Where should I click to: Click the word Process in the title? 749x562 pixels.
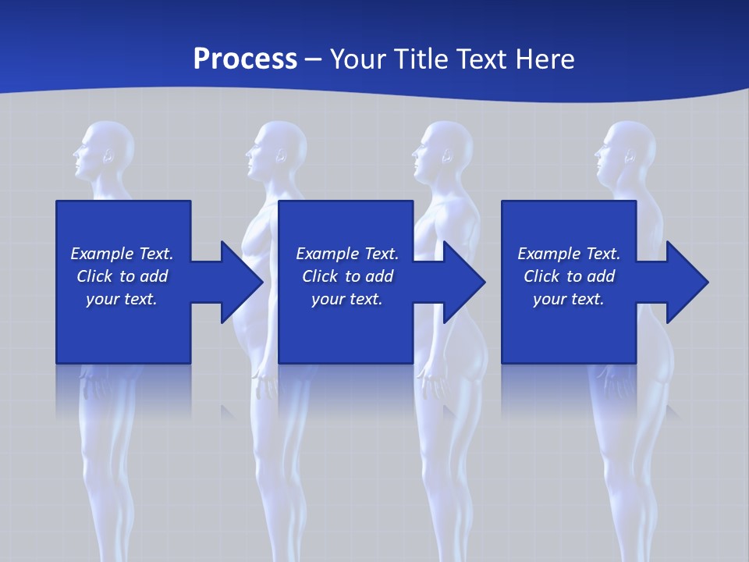(245, 59)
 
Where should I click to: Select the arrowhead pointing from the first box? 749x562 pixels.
(240, 282)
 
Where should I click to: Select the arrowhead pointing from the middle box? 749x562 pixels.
(463, 282)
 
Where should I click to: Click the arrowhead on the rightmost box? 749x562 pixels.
(686, 282)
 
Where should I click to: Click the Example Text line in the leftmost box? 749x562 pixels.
(122, 254)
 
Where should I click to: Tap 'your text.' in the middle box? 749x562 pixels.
(346, 299)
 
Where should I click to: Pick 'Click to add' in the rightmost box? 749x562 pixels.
(569, 276)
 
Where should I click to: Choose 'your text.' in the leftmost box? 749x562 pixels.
(122, 299)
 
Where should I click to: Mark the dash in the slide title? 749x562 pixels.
(313, 59)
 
